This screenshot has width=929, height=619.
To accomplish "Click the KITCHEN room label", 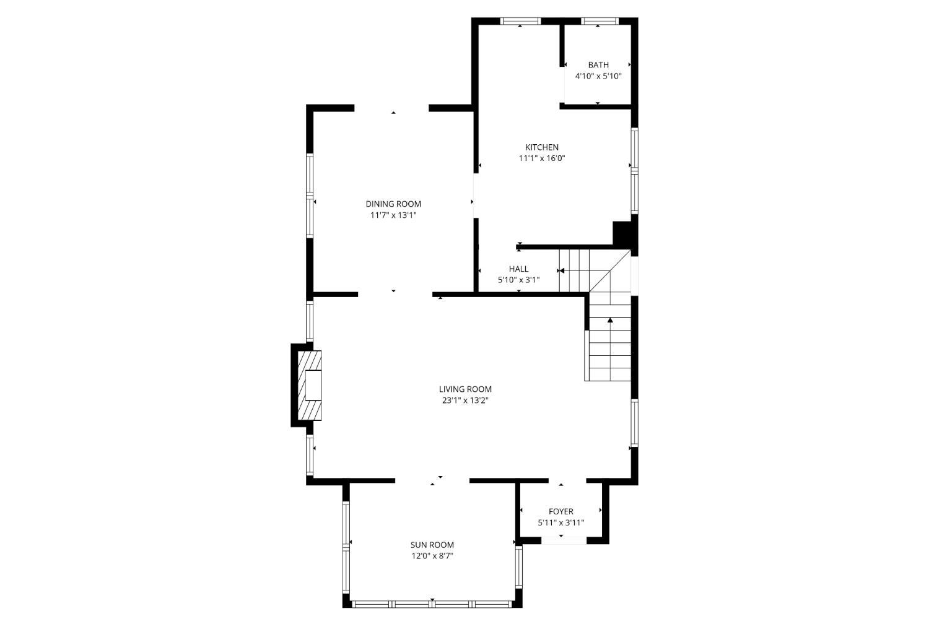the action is [x=542, y=147].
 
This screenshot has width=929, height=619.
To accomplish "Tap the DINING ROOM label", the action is [x=393, y=204].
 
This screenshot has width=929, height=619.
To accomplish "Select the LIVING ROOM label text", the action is [x=465, y=389].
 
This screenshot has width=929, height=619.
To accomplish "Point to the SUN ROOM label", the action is [x=432, y=545].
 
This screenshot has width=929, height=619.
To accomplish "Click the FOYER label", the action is [x=560, y=512].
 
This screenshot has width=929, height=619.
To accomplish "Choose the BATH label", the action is [x=598, y=65].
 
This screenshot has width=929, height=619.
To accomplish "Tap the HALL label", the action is [x=519, y=269].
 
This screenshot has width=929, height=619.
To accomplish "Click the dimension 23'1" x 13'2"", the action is [x=465, y=400].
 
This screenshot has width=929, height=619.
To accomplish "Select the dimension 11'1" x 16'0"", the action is [x=542, y=158].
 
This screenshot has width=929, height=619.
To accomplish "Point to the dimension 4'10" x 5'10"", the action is [x=598, y=76].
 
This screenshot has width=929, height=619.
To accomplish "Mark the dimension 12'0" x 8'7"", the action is [x=432, y=556].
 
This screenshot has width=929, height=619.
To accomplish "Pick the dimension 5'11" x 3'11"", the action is [x=560, y=523].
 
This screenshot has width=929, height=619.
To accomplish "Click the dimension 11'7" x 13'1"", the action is [x=393, y=215].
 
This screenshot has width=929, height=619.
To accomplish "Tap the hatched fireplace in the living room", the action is [x=310, y=386].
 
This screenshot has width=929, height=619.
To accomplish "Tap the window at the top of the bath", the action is [x=600, y=21].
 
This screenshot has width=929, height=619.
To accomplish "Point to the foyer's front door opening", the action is [x=564, y=540].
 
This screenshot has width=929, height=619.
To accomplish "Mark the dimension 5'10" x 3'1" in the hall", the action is [x=519, y=280].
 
